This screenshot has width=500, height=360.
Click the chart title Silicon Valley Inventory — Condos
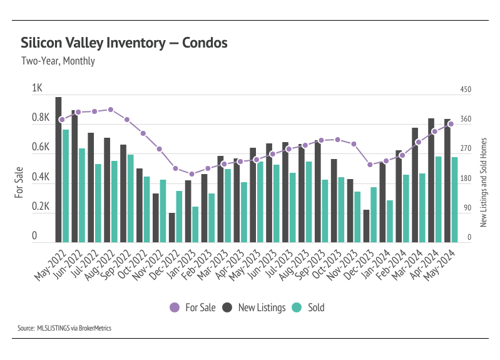[124, 43]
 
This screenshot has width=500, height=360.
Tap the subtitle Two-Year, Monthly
[58, 61]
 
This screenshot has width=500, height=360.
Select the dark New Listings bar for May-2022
[58, 169]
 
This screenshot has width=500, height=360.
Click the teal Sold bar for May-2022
[66, 185]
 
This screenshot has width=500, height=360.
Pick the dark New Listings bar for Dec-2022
[171, 227]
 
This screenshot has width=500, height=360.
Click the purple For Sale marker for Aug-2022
[111, 110]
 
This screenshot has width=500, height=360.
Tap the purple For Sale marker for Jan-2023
[191, 174]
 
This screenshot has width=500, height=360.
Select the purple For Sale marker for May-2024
[451, 124]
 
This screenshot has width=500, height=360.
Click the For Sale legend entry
[193, 307]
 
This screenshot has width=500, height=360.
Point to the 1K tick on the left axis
[37, 89]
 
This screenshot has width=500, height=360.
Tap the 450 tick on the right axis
[465, 90]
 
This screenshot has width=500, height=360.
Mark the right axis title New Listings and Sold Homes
[483, 183]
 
